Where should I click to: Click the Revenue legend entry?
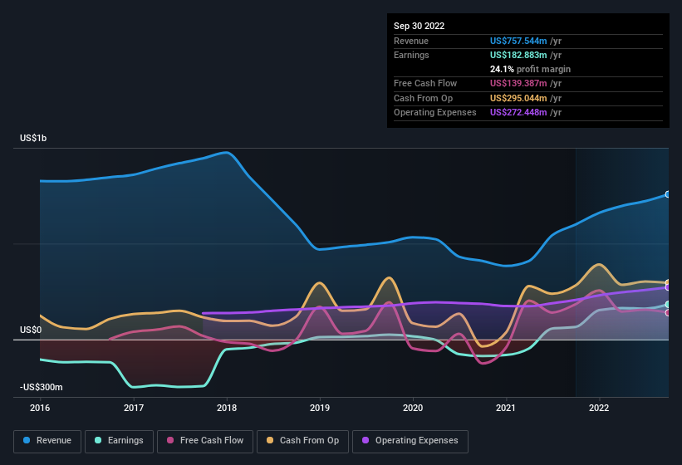tap(47, 441)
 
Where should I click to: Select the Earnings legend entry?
tap(120, 441)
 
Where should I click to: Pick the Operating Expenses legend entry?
tap(410, 441)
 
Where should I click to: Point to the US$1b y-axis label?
tap(33, 138)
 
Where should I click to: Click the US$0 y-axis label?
tap(31, 330)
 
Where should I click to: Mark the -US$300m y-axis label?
tap(42, 387)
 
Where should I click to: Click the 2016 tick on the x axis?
tap(40, 408)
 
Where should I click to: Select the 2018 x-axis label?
tap(227, 408)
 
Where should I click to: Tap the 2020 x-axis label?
tap(413, 408)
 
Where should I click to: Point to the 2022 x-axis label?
tap(599, 408)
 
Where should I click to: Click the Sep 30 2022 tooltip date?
tap(419, 26)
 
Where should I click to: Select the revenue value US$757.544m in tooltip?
tap(518, 40)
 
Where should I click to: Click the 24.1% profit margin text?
tap(530, 69)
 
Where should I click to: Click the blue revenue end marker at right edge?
tap(668, 194)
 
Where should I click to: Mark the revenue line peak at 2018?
tap(226, 153)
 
